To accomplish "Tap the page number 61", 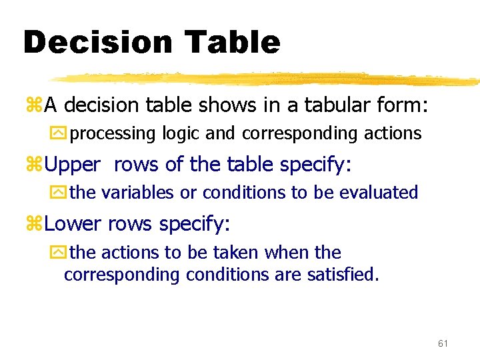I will click(443, 343).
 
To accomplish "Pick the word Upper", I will click(73, 164).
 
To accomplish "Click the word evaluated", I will click(378, 193).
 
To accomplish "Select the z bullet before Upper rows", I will click(34, 165).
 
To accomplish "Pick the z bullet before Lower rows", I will click(34, 224).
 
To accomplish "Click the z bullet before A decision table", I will click(34, 105).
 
